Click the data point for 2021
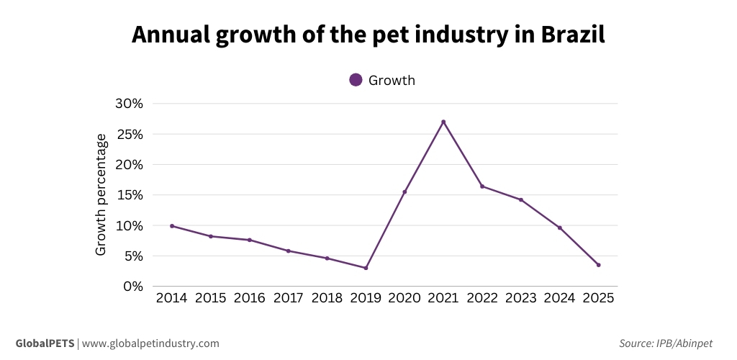[443, 122]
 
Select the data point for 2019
[366, 268]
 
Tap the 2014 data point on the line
[172, 226]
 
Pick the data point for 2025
[598, 265]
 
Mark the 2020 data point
[404, 192]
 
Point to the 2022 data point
[482, 186]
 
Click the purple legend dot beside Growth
[356, 80]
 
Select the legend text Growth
[392, 80]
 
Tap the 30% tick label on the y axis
[130, 103]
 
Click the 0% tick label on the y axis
[134, 286]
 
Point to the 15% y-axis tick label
[130, 194]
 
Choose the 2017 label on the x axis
[288, 298]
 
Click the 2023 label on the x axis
[520, 298]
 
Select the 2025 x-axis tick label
[598, 298]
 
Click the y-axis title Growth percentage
[101, 194]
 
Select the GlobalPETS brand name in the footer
[45, 343]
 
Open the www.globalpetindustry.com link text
[150, 343]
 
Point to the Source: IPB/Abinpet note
[670, 343]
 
